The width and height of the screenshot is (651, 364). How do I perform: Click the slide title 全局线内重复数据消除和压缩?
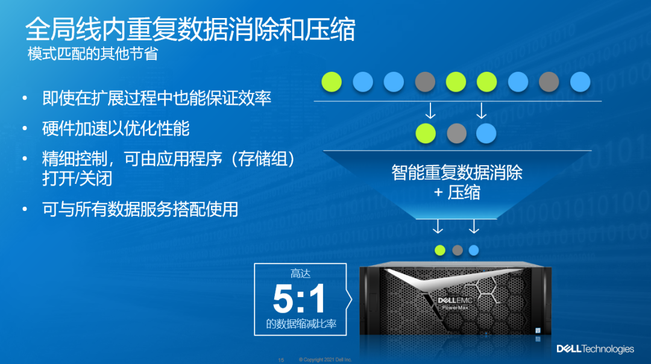pos(190,30)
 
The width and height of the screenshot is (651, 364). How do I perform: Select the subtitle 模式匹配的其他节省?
pos(93,54)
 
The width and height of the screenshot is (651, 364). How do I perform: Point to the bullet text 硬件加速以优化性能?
pos(116,128)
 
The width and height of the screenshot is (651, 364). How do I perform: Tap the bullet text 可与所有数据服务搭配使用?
pos(140,209)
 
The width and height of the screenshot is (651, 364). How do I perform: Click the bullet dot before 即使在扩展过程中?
pos(25,98)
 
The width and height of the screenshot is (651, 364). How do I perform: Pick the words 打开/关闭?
pos(77,178)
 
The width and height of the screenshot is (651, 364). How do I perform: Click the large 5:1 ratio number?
pos(299,298)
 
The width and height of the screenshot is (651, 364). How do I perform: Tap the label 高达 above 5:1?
pos(300,274)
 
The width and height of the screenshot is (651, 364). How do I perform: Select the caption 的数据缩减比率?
pos(301,324)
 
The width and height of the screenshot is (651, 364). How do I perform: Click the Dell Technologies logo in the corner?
pos(595,349)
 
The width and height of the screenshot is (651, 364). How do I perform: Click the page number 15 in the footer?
pos(281,360)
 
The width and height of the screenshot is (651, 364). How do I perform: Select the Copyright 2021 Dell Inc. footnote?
pos(325,359)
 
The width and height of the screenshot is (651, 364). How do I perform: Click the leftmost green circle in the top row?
pos(332,82)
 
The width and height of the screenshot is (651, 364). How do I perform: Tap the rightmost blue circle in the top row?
pos(580,82)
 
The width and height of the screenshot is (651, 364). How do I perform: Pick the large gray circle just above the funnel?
pos(457,134)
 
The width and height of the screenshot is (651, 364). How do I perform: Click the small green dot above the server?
pos(439,250)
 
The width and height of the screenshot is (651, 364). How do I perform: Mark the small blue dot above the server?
pos(474,250)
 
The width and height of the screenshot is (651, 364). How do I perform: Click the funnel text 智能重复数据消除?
pos(457,172)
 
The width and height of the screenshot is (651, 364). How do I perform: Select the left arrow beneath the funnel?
pos(438,226)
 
